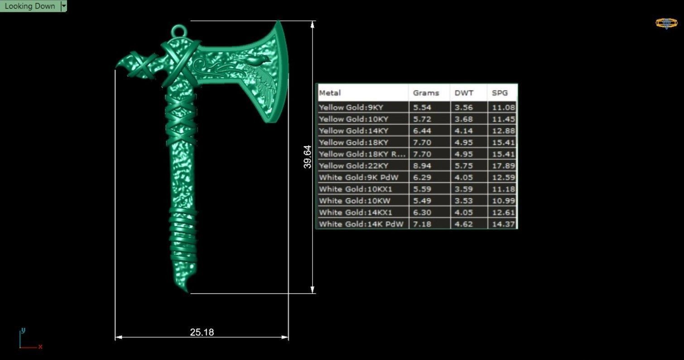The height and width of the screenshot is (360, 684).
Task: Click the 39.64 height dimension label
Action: click(308, 157)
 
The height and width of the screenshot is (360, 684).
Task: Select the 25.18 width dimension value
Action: click(202, 332)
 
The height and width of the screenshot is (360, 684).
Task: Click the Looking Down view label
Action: click(29, 6)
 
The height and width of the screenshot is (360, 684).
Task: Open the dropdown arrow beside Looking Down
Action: click(64, 6)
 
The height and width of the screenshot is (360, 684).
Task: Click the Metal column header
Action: click(330, 93)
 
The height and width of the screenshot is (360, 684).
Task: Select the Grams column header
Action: click(426, 93)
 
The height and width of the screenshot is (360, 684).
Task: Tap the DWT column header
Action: click(464, 93)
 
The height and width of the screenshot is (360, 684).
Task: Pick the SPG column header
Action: click(500, 93)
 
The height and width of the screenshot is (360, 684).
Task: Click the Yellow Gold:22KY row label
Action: click(353, 166)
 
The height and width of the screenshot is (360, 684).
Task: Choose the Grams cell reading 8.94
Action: click(422, 166)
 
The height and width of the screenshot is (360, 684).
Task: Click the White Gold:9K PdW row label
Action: click(358, 177)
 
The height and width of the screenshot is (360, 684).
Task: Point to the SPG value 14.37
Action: click(503, 224)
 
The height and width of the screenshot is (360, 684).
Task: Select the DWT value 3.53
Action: click(464, 201)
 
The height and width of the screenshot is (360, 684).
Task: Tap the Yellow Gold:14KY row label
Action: click(353, 131)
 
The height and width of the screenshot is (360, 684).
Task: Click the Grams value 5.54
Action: click(422, 107)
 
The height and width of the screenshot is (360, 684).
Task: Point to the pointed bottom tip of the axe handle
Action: click(187, 290)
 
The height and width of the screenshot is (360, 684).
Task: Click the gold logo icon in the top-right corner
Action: click(666, 23)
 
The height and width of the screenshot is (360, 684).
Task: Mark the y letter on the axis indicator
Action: click(23, 330)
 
